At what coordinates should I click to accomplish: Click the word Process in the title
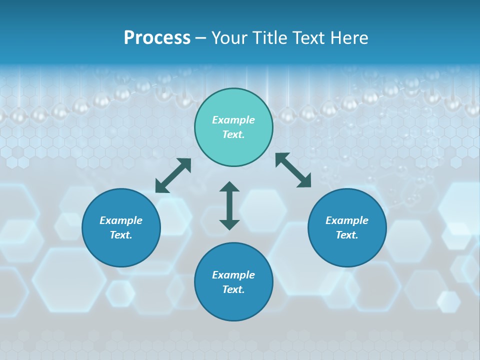[x=157, y=38]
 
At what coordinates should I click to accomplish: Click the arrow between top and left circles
[x=173, y=175]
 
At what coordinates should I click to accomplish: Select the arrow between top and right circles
[x=293, y=170]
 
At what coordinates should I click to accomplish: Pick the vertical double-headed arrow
[x=229, y=205]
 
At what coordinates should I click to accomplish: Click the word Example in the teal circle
[x=233, y=120]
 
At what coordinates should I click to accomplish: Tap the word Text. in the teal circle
[x=233, y=134]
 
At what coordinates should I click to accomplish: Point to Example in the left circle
[x=121, y=220]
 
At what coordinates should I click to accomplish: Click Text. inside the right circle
[x=347, y=235]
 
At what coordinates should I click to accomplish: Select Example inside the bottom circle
[x=233, y=275]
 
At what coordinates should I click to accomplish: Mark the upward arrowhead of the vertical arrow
[x=229, y=187]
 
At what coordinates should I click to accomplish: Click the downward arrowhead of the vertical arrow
[x=229, y=224]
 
